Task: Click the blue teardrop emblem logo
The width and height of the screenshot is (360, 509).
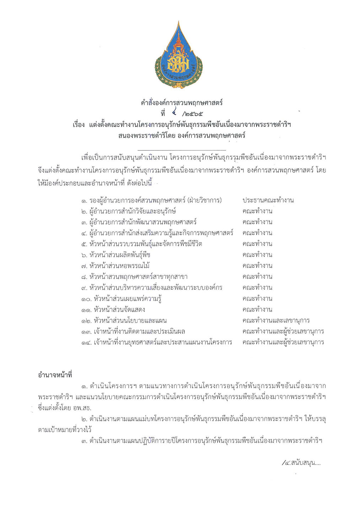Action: pyautogui.click(x=178, y=56)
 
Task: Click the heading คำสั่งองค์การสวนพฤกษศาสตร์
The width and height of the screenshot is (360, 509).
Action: pyautogui.click(x=182, y=103)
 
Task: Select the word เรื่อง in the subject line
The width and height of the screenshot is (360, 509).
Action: pyautogui.click(x=79, y=125)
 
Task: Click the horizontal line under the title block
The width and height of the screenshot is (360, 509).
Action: pyautogui.click(x=182, y=151)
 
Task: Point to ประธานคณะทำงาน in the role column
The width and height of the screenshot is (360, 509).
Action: pyautogui.click(x=268, y=200)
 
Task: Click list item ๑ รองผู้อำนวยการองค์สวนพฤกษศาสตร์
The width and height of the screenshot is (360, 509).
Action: pyautogui.click(x=151, y=200)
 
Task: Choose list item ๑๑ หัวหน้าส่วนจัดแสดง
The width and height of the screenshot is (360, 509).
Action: pyautogui.click(x=113, y=310)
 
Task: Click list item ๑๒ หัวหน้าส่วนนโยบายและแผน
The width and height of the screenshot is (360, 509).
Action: pyautogui.click(x=124, y=321)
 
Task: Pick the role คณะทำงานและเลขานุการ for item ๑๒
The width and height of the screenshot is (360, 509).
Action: pyautogui.click(x=276, y=321)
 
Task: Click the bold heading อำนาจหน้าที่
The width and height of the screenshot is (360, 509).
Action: pyautogui.click(x=55, y=375)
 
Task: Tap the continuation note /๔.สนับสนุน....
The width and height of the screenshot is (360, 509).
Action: pyautogui.click(x=301, y=463)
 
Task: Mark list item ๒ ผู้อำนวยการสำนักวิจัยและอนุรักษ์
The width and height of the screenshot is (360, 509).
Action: pyautogui.click(x=128, y=211)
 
